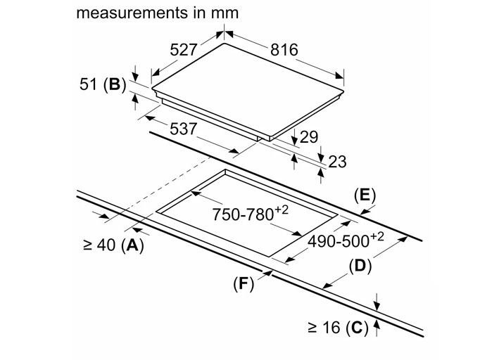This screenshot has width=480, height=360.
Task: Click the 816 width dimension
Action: coord(284,50)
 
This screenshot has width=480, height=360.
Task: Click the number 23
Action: coord(337,162)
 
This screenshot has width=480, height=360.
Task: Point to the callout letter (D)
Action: coord(360,266)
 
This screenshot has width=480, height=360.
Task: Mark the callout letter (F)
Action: coord(242,284)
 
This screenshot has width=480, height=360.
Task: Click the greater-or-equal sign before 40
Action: coord(89,245)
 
